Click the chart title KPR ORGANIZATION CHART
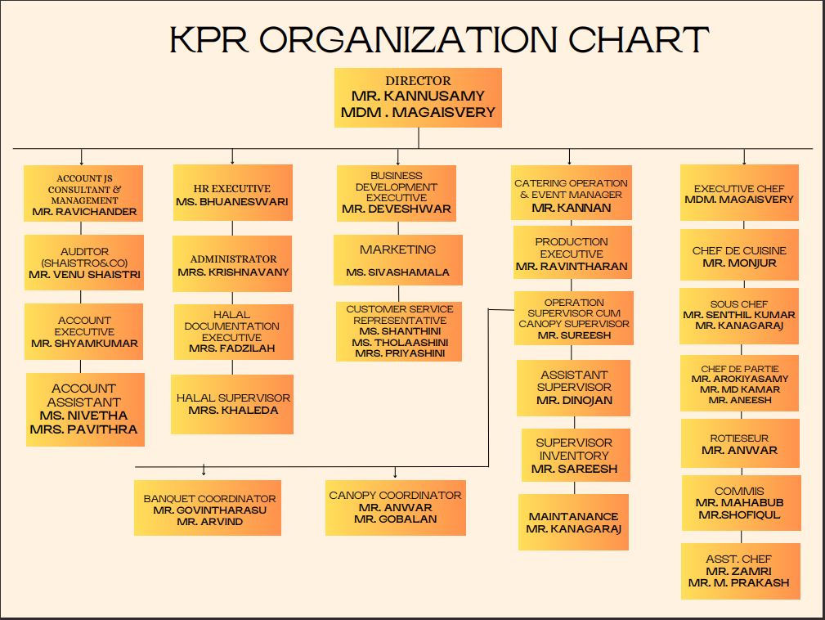coord(438,40)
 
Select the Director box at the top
coord(418,97)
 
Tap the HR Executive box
coord(232,193)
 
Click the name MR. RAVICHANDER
coord(84,211)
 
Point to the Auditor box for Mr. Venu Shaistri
coord(84,263)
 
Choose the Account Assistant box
coord(85,409)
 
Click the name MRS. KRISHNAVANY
coord(233,272)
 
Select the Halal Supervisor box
coord(233,404)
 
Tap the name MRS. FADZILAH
coord(232,348)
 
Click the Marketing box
coord(398,260)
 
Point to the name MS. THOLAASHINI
coord(398,343)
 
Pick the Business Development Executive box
coord(397,193)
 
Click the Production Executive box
coord(572,254)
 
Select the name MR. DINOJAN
coord(574,401)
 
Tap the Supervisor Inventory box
coord(575,456)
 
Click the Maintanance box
coord(573,522)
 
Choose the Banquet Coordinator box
coord(208,509)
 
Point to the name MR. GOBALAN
coord(396,519)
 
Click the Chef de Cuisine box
coord(740,257)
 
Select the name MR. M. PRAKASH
coord(739,582)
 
